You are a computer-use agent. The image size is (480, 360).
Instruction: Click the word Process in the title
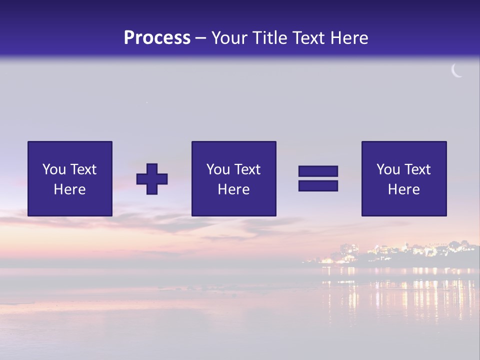pyautogui.click(x=157, y=38)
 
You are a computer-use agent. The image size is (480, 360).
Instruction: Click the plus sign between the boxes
pyautogui.click(x=152, y=179)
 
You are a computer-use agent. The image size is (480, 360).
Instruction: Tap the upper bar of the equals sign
pyautogui.click(x=318, y=171)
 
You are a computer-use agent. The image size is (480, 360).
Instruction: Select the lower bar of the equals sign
pyautogui.click(x=318, y=185)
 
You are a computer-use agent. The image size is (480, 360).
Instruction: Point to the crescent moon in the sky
pyautogui.click(x=456, y=71)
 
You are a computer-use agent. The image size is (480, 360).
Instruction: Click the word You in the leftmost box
pyautogui.click(x=54, y=169)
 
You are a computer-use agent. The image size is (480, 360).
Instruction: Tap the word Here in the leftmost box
pyautogui.click(x=70, y=189)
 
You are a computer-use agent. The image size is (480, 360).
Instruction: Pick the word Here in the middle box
pyautogui.click(x=233, y=189)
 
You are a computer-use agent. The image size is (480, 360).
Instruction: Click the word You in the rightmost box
pyautogui.click(x=388, y=169)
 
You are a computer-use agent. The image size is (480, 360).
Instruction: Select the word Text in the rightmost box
pyautogui.click(x=417, y=169)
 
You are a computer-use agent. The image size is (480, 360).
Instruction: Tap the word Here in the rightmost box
pyautogui.click(x=404, y=189)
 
